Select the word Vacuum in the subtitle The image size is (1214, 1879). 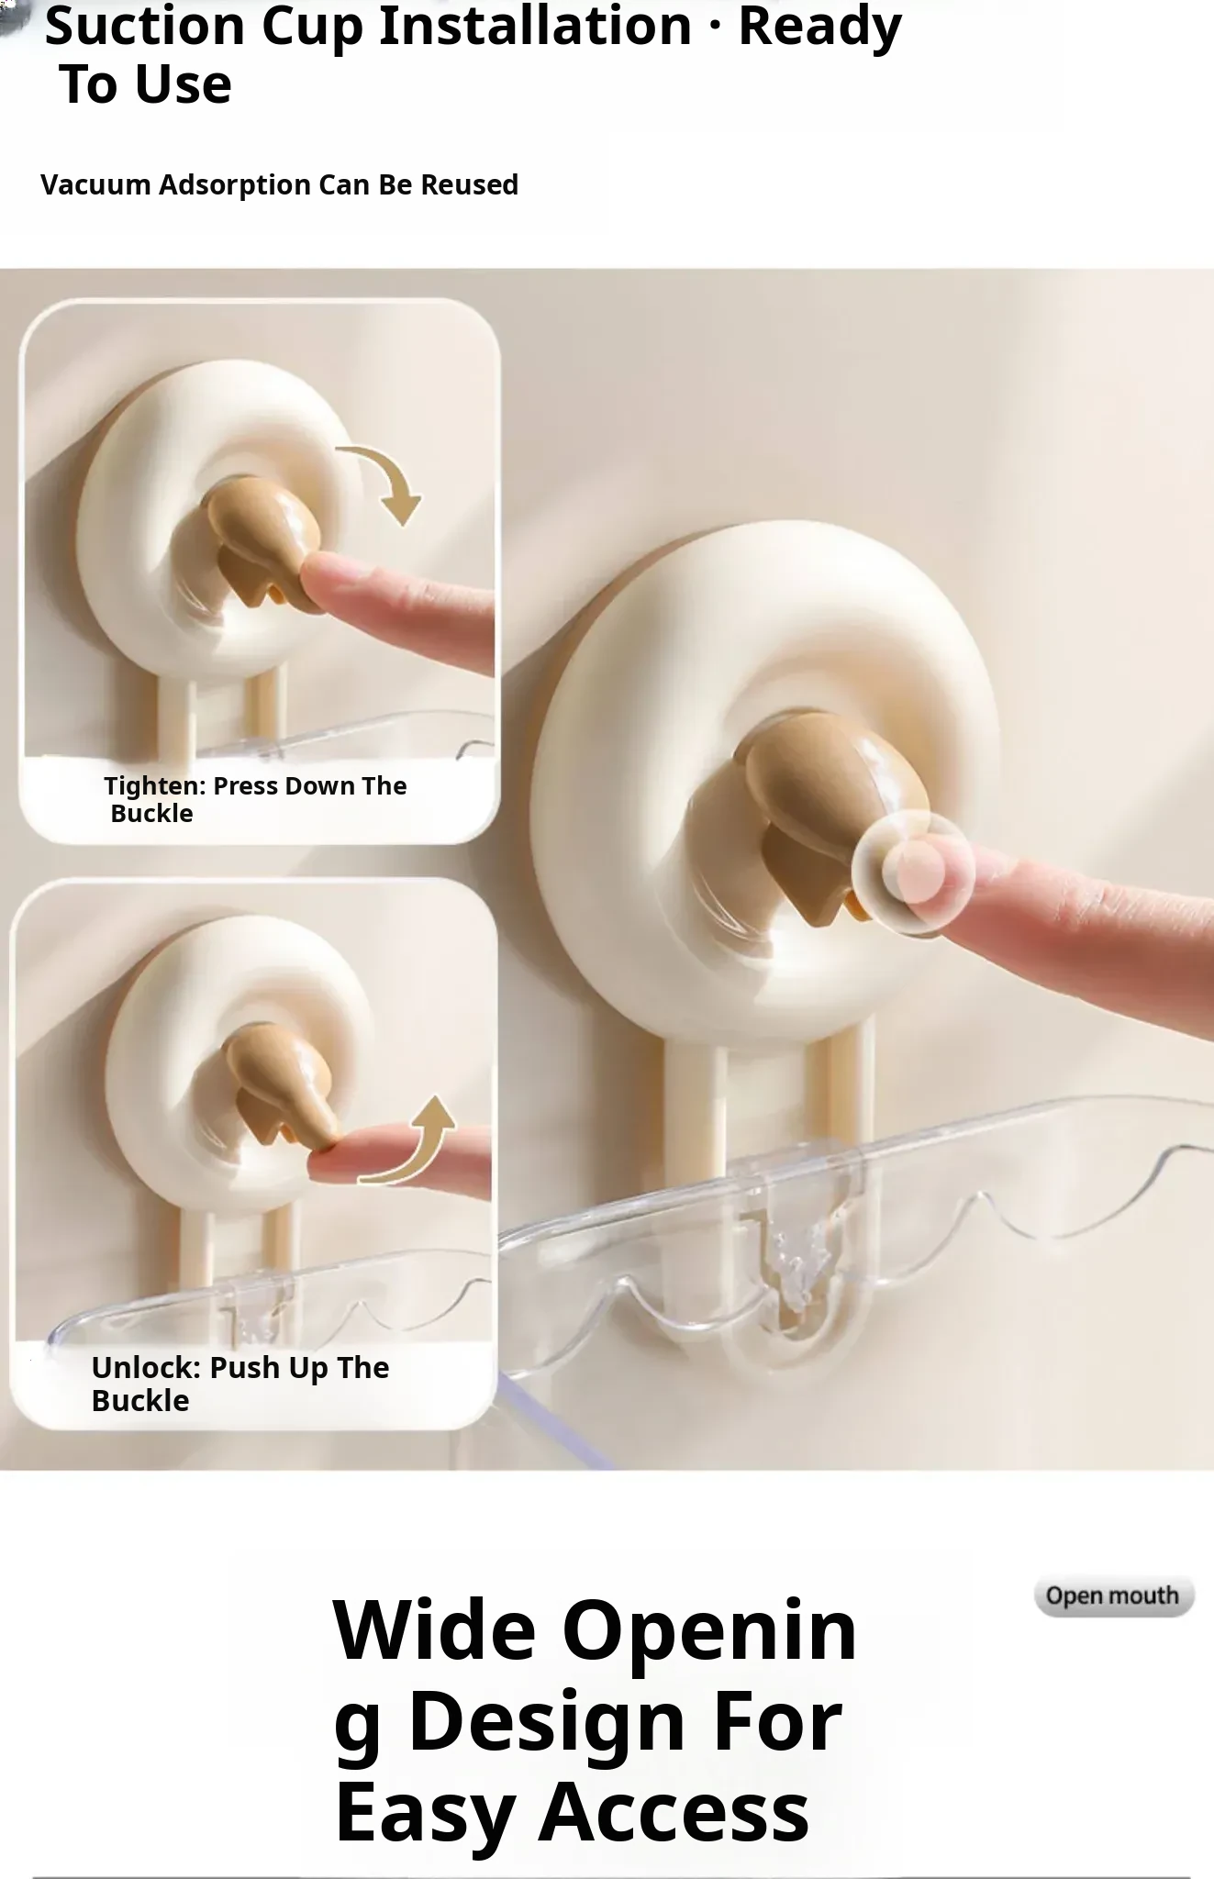(95, 184)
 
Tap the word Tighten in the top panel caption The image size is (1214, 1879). (155, 786)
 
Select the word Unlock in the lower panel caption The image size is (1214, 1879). (146, 1368)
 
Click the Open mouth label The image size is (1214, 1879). (1113, 1596)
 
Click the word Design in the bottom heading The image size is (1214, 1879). (548, 1721)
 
